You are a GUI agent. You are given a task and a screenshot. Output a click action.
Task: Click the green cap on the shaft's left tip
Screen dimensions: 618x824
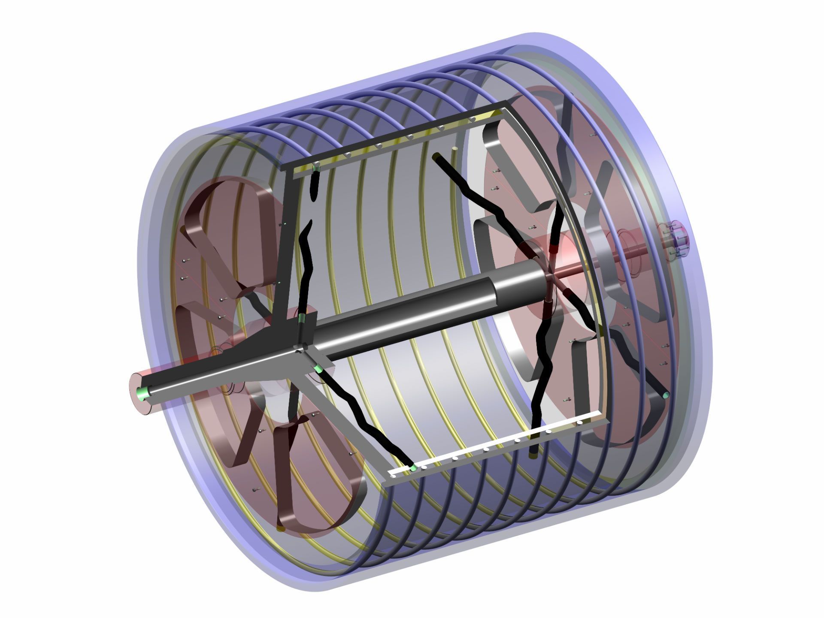point(142,392)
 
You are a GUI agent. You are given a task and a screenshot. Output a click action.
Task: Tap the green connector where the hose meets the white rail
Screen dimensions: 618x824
point(413,467)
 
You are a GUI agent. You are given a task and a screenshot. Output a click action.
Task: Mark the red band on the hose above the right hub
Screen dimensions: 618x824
point(556,246)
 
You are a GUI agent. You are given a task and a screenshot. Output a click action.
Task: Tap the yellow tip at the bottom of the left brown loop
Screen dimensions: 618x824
point(281,529)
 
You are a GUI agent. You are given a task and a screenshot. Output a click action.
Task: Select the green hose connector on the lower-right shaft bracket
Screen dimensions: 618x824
point(318,368)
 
